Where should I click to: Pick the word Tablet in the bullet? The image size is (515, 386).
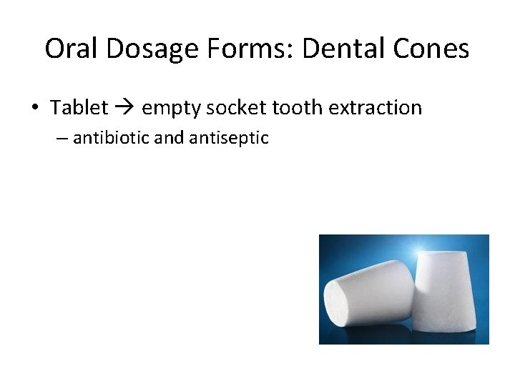(x=79, y=108)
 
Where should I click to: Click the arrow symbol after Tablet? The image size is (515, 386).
(x=124, y=109)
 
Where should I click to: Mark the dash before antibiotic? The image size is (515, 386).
(x=62, y=138)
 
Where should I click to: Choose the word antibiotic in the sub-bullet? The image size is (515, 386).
(x=111, y=137)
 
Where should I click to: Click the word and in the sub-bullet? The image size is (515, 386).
(x=169, y=137)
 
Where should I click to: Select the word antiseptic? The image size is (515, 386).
(x=229, y=137)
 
